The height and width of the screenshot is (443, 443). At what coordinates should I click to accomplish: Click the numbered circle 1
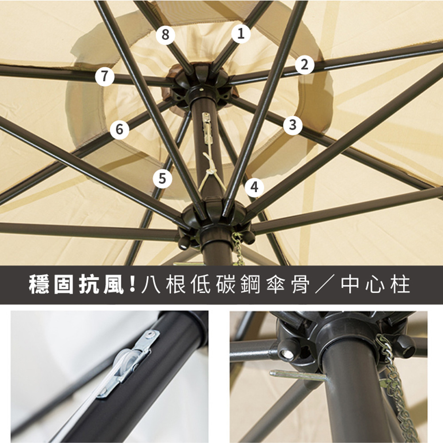pyautogui.click(x=241, y=34)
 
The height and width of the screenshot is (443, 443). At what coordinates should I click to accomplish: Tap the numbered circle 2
pyautogui.click(x=305, y=65)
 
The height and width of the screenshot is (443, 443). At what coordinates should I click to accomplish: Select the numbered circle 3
pyautogui.click(x=293, y=124)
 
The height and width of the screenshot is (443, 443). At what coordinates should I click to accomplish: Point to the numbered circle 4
pyautogui.click(x=254, y=187)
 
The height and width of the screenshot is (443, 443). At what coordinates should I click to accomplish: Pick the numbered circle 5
pyautogui.click(x=162, y=179)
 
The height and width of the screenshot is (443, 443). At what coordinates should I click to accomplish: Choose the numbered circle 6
pyautogui.click(x=120, y=129)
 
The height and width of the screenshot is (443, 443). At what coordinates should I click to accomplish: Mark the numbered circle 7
pyautogui.click(x=105, y=76)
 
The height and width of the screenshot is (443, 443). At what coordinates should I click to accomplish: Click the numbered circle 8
pyautogui.click(x=166, y=35)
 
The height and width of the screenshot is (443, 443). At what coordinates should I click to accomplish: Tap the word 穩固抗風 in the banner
pyautogui.click(x=76, y=285)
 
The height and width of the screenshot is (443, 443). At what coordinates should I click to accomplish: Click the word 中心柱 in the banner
pyautogui.click(x=375, y=285)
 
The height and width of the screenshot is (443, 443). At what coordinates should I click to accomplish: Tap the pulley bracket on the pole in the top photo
pyautogui.click(x=207, y=127)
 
